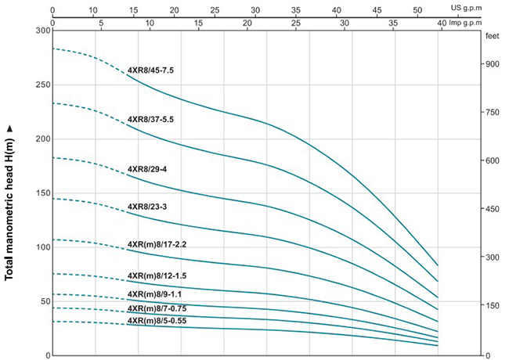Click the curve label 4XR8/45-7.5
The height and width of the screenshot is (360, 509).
(150, 70)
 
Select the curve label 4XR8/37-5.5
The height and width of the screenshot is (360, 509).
(150, 120)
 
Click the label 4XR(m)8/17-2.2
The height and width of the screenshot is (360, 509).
(157, 244)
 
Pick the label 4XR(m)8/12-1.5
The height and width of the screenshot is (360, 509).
(157, 276)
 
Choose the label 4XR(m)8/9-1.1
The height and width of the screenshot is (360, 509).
(154, 294)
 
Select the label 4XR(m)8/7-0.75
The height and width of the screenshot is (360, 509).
(157, 309)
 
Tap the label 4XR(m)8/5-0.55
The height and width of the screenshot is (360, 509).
(157, 321)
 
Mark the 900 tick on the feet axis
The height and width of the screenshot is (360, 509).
(491, 64)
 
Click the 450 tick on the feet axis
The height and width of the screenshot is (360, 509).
(491, 209)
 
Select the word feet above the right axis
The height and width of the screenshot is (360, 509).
(492, 36)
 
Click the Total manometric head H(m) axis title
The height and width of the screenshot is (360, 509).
(10, 202)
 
